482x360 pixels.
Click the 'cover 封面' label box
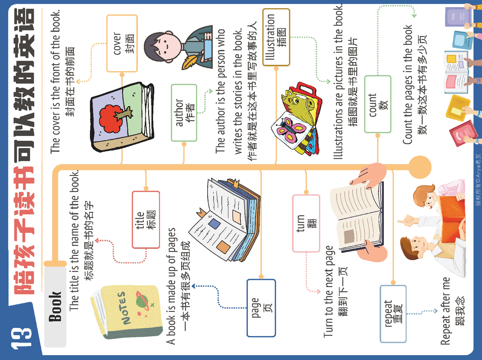click(122, 43)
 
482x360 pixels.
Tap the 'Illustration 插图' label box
click(276, 37)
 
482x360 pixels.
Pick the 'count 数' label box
click(377, 104)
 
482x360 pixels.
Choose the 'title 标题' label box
click(146, 220)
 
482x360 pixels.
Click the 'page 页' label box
click(261, 308)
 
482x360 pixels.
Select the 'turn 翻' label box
click(306, 223)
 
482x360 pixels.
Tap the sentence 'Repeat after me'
click(445, 311)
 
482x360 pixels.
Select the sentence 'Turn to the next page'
click(329, 291)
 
